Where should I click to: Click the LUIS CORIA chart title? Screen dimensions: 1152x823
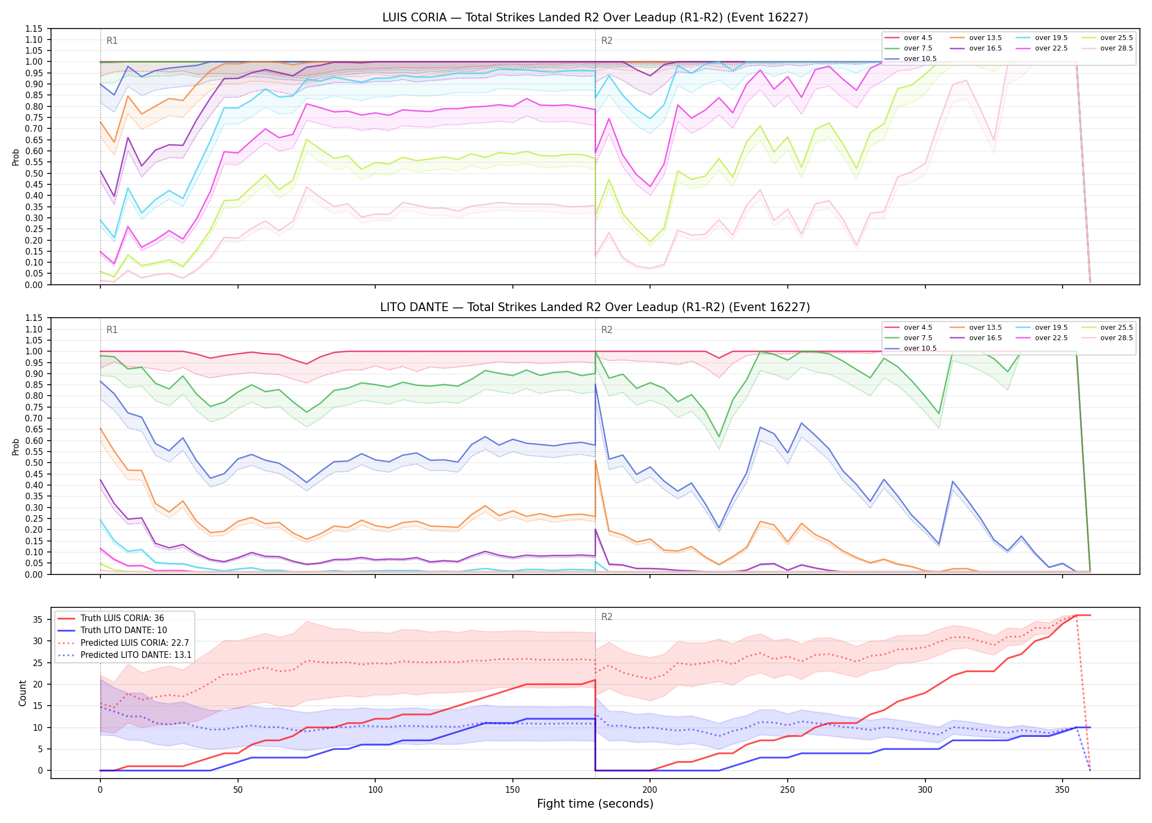tap(595, 18)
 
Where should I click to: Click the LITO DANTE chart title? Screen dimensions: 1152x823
tap(595, 307)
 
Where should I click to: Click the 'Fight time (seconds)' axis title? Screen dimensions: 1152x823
tap(595, 804)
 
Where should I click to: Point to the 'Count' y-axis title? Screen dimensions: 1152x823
tap(22, 693)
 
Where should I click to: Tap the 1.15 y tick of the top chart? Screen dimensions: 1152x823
tap(34, 29)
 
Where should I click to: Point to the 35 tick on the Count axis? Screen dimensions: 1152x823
tap(38, 619)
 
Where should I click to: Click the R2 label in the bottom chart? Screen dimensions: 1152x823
tap(607, 617)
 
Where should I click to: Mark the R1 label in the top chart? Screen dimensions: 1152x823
tap(112, 41)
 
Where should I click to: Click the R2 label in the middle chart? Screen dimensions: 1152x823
tap(607, 330)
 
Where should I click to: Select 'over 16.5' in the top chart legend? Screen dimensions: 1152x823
tap(985, 48)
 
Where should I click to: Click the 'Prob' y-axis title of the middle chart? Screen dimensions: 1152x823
tap(16, 447)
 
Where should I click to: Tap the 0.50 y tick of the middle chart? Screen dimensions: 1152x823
tap(34, 463)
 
